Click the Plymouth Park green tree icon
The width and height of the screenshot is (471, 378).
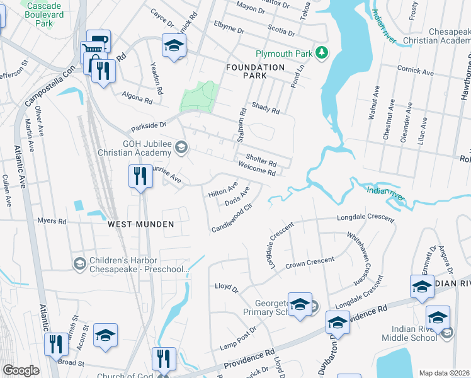pyautogui.click(x=322, y=52)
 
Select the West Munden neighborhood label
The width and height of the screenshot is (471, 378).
pyautogui.click(x=140, y=224)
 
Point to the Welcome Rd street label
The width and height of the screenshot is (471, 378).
pyautogui.click(x=258, y=168)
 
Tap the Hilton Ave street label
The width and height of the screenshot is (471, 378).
pyautogui.click(x=223, y=190)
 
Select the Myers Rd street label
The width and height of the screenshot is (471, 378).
pyautogui.click(x=52, y=221)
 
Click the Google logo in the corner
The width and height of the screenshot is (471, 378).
pyautogui.click(x=21, y=370)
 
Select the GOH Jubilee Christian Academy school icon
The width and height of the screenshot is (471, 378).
pyautogui.click(x=181, y=147)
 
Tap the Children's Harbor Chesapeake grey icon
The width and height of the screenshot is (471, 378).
pyautogui.click(x=80, y=262)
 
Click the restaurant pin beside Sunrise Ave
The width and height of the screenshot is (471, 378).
pyautogui.click(x=140, y=176)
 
